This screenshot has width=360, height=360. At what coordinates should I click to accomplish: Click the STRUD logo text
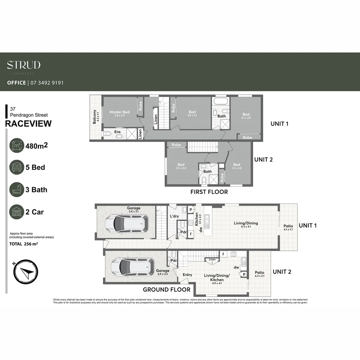coord(24,65)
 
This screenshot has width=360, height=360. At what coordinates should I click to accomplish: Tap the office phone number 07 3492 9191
coord(47,83)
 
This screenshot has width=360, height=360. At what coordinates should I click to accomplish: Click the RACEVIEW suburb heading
coord(29,124)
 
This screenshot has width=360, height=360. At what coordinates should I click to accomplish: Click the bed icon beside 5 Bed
coord(17,167)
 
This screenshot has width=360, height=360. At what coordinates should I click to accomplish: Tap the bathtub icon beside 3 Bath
coord(17,190)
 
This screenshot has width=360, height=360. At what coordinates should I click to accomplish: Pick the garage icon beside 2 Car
coord(17,212)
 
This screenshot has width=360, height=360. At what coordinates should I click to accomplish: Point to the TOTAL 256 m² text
coord(23,244)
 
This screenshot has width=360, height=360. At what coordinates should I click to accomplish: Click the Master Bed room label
coord(119,112)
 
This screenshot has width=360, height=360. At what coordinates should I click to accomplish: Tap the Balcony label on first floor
coord(94,117)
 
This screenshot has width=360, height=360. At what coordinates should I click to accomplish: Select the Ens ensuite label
coord(117,132)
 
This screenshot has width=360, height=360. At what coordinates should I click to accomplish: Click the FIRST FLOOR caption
coord(209,192)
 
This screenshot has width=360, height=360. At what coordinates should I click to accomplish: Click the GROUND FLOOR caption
coord(166,290)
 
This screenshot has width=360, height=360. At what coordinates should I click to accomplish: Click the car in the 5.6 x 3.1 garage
coord(126,224)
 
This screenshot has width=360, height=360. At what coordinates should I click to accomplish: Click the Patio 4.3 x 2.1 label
coord(259,274)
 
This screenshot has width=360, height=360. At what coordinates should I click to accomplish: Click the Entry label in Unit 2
coord(187,275)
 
